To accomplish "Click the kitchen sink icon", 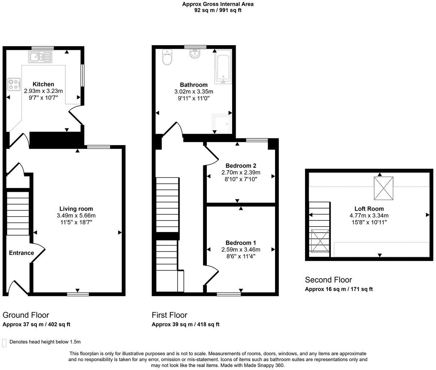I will pos(40,57).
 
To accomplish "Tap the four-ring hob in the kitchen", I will pos(14,84).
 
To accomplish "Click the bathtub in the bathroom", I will pos(223,68).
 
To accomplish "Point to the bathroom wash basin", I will pos(195,54).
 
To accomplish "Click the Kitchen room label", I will pos(43,84).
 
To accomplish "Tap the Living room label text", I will pos(76,209).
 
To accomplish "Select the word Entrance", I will pos(21,253).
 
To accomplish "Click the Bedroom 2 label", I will pos(241,166).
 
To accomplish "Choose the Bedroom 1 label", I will pos(241,243).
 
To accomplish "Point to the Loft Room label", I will pos(369,209).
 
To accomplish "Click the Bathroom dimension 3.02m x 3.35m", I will pos(194,92).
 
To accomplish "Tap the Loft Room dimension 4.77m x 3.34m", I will pos(369,216).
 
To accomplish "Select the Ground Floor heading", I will pos(26,315).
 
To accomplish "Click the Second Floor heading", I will pos(328,280).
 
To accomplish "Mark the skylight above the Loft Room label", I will pos(383,188).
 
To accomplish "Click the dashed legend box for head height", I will pos(4,343).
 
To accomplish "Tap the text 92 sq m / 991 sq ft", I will pos(218,10).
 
